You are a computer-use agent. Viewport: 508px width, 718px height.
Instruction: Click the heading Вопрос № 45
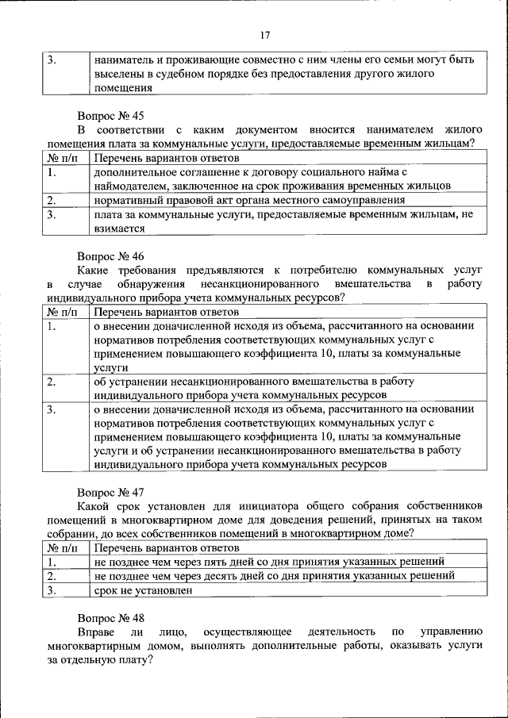[110, 116]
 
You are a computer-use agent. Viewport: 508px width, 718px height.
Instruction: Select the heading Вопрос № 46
[110, 257]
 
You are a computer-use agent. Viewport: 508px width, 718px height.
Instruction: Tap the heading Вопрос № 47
[110, 493]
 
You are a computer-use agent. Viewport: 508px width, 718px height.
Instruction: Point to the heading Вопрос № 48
[110, 616]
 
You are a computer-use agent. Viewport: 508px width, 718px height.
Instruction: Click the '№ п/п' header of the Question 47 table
[63, 547]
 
